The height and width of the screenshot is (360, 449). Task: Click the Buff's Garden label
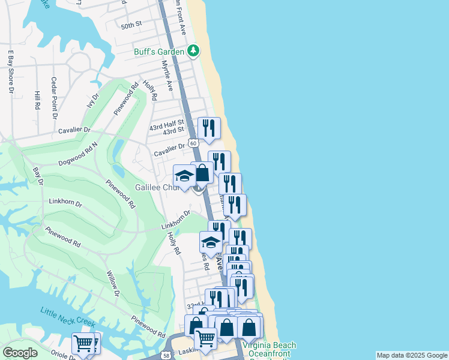(159, 51)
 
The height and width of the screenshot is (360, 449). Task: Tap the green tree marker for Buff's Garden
(193, 51)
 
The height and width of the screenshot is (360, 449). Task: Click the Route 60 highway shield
(193, 143)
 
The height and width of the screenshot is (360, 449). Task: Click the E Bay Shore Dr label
(10, 72)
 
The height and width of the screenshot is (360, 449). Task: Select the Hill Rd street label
(37, 101)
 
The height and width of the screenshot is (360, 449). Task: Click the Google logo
(20, 353)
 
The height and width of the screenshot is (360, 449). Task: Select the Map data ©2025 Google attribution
(412, 355)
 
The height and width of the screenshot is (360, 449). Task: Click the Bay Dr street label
(38, 175)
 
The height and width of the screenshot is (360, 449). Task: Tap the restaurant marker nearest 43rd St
(209, 128)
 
